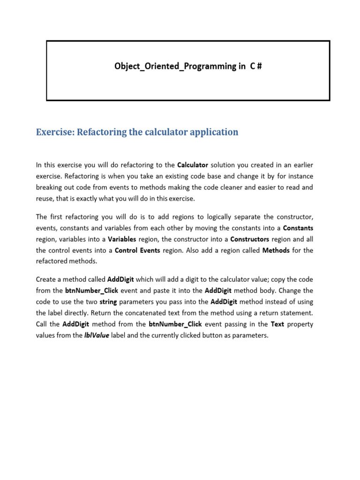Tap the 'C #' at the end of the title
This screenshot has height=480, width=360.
coord(255,66)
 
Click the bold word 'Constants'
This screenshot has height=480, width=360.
coord(298,228)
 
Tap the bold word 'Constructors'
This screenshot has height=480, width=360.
coord(249,239)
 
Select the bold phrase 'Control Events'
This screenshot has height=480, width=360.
coord(137,250)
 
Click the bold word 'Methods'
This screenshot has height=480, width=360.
coord(276,250)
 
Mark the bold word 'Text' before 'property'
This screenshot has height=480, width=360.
coord(277,324)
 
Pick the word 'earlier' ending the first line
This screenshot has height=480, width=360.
coord(303,165)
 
